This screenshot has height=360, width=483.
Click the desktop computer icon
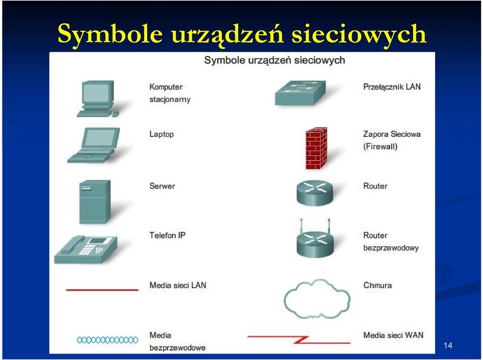pos(98,99)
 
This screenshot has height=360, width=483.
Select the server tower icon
pos(95,202)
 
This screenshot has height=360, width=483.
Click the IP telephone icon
pos(86,250)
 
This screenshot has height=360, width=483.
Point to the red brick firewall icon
pos(316,148)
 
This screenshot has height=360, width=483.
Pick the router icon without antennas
pos(315,193)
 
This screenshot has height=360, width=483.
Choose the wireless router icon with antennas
pos(315,238)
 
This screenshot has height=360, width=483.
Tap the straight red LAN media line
pos(102,290)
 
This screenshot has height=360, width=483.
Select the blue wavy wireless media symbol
pos(107,340)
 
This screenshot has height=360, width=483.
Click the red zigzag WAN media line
pos(299,340)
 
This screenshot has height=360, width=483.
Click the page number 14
pos(448,345)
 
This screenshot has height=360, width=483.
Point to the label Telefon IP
pos(167,235)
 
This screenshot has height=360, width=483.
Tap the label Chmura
pos(377,285)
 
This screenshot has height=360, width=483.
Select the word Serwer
pos(162,186)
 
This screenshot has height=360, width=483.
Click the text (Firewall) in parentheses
pos(380,146)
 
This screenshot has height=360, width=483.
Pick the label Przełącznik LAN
pos(392,87)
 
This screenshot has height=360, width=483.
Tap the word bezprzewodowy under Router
pos(391,248)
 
